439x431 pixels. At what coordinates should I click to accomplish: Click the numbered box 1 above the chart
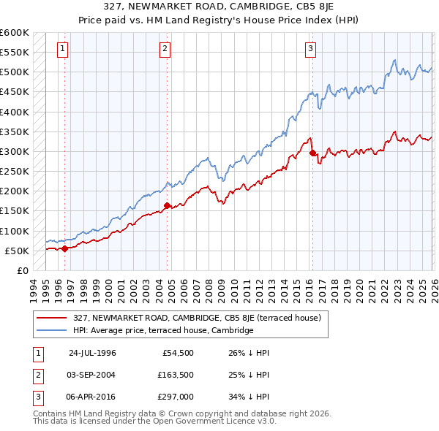point(64,49)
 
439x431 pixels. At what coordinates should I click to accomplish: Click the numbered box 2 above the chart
point(165,49)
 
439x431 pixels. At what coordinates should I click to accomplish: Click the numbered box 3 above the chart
point(311,49)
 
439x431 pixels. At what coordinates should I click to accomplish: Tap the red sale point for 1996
point(65,248)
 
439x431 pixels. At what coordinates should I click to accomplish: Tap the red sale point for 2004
point(168,205)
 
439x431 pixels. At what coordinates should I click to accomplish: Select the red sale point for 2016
point(312,153)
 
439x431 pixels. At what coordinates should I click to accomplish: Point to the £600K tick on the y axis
point(15,33)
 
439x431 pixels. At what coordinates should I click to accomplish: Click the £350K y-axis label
point(15,132)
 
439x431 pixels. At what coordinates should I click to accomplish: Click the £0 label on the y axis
point(21,270)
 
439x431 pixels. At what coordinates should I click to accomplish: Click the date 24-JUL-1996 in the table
point(92,352)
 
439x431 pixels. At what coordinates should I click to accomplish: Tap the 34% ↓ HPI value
point(249,397)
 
